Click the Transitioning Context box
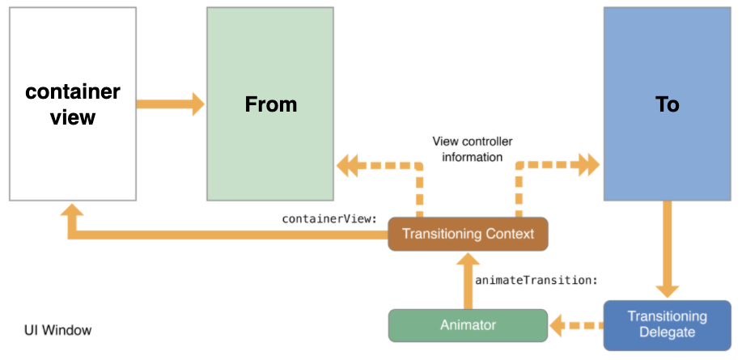coord(468,234)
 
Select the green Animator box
coord(468,325)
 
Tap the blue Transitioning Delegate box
coord(667,324)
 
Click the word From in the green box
coord(270,104)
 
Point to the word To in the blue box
coord(667,104)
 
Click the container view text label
coord(73,104)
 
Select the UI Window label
coord(57,330)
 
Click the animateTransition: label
coord(536,280)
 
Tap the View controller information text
coord(473,149)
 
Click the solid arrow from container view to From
coord(169,104)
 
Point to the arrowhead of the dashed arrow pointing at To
coord(589,167)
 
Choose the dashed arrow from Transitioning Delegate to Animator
coord(575,325)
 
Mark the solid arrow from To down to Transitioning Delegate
coord(667,251)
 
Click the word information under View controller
coord(473,157)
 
